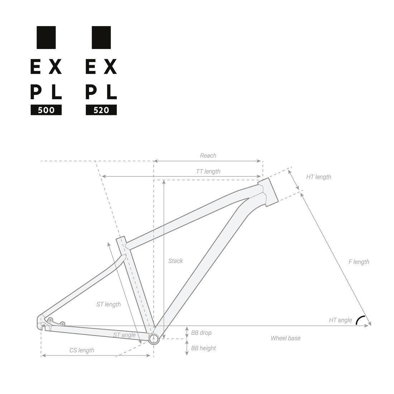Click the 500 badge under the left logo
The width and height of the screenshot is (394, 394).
46,110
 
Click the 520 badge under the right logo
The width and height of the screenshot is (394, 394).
101,110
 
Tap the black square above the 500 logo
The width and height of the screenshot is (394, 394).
46,37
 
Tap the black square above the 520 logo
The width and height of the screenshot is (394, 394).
101,37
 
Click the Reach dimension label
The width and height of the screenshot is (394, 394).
208,155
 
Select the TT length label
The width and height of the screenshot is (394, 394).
208,172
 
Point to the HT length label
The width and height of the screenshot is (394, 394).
318,177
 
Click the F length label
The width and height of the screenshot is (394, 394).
359,262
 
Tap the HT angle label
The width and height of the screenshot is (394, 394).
340,320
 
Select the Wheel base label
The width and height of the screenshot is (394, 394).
285,338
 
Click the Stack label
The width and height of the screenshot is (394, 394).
176,261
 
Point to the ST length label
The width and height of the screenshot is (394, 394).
109,304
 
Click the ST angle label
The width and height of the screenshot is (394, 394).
124,335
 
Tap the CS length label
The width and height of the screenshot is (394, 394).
82,350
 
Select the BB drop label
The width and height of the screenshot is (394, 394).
201,333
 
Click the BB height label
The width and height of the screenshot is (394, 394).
203,348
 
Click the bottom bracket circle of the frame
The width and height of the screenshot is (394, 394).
154,339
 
